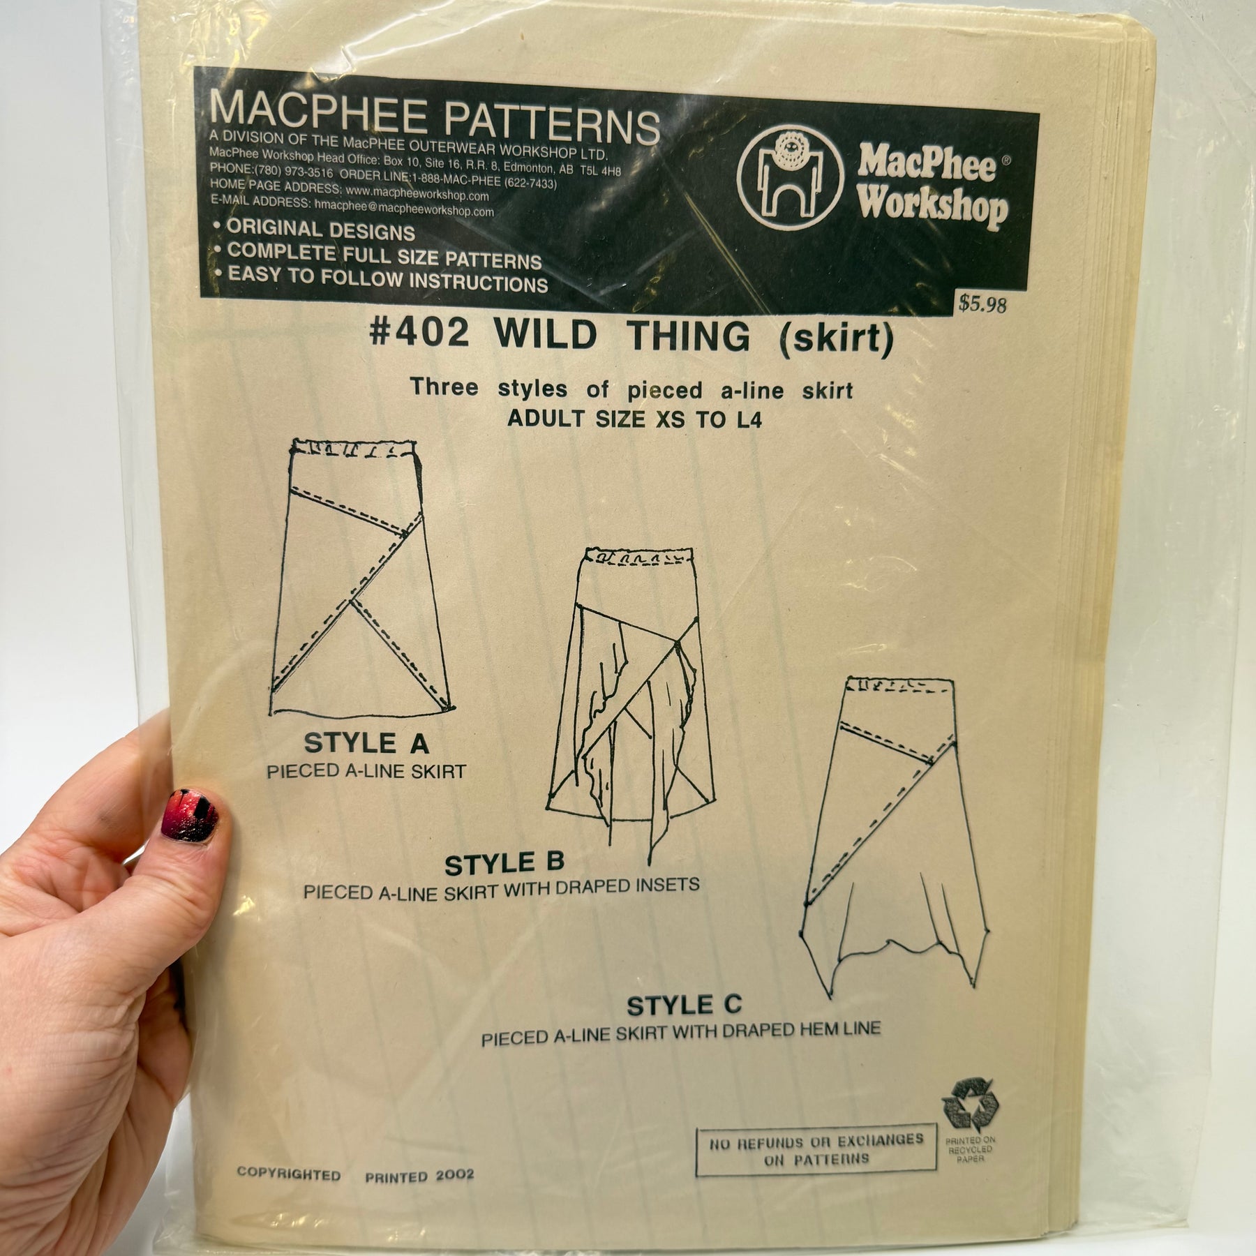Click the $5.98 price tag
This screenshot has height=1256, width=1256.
coord(982,304)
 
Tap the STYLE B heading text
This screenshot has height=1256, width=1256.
coord(504,864)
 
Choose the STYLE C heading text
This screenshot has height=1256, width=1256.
coord(685,1005)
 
